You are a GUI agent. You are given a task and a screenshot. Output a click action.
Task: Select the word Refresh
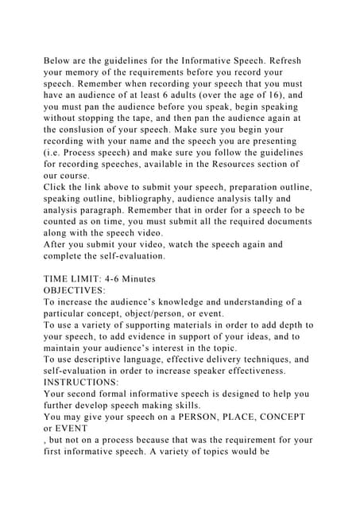[280, 61]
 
